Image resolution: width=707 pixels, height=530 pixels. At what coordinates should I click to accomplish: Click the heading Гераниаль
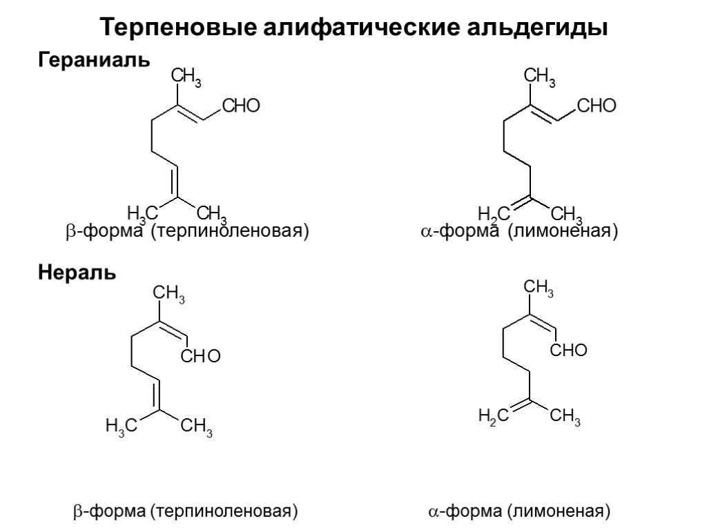coord(93,60)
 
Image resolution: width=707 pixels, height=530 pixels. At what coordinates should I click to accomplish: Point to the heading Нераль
coord(76,273)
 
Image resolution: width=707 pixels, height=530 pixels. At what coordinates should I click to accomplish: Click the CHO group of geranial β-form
coord(240,106)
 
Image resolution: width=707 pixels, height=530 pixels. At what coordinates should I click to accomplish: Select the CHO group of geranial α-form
coord(595,106)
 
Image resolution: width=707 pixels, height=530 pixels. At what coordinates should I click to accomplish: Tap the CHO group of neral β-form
coord(200,356)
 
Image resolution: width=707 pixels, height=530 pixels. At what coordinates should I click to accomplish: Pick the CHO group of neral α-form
coord(568,351)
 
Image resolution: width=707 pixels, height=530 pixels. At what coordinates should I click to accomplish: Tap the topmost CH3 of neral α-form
coord(539,288)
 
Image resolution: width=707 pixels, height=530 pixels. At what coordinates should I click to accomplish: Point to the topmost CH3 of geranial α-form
coord(541,77)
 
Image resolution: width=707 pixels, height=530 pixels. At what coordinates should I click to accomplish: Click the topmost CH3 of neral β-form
coord(168,294)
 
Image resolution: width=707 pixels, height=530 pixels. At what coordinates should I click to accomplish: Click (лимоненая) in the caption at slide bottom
coord(559,511)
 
